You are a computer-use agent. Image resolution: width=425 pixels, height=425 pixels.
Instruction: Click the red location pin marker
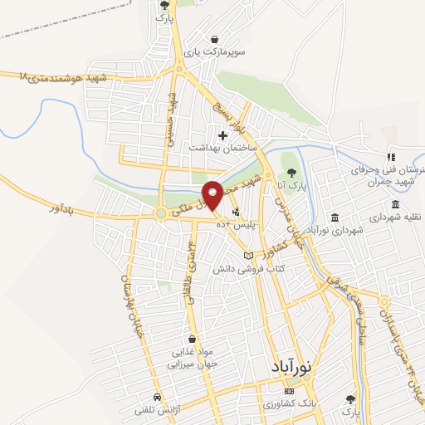tap(212, 194)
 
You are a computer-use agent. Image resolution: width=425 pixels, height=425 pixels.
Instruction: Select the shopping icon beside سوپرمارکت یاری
tap(215, 38)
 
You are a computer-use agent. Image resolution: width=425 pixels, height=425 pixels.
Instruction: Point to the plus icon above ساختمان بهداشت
tap(222, 134)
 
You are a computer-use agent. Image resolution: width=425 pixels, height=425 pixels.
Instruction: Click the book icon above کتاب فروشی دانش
tap(248, 256)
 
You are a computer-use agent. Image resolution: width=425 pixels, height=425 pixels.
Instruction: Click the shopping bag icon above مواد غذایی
tap(193, 339)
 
